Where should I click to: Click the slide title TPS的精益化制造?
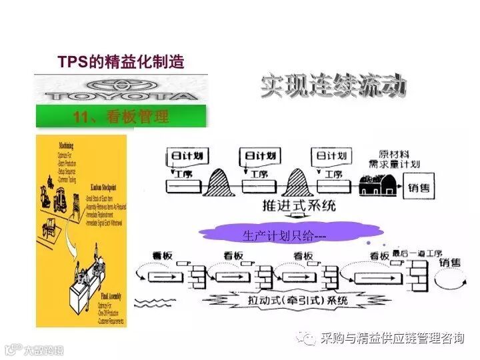[x=121, y=62]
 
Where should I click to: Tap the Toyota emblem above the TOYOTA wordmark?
[x=121, y=85]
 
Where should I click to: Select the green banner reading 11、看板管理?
[x=121, y=117]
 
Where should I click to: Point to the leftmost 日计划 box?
[x=187, y=156]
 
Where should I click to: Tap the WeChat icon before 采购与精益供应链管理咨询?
[x=309, y=339]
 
